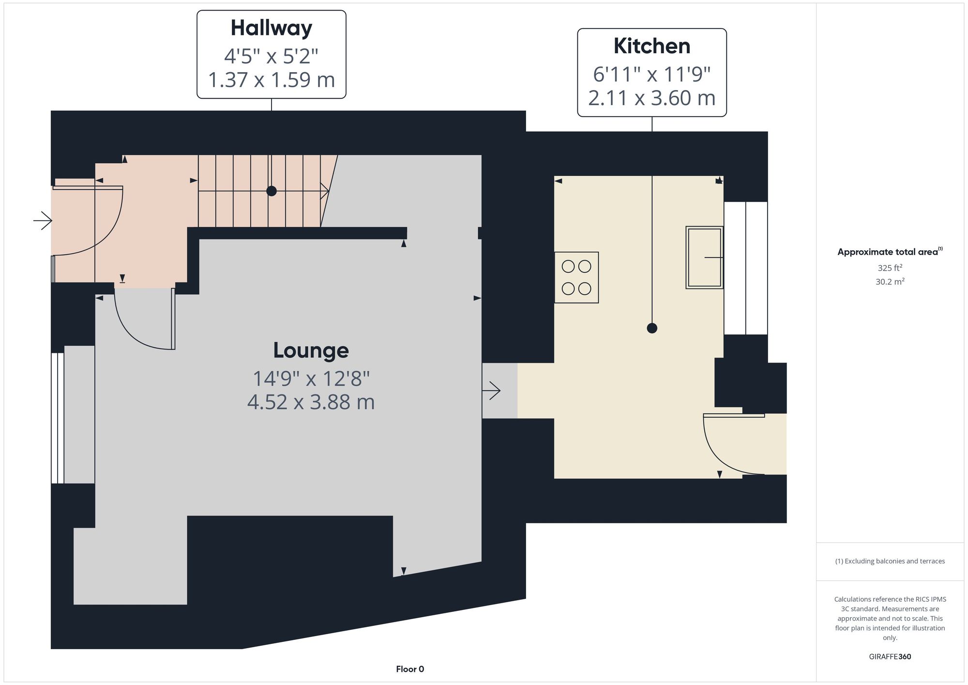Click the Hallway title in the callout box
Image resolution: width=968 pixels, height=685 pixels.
pyautogui.click(x=271, y=28)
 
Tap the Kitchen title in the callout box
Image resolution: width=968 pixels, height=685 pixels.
pyautogui.click(x=652, y=46)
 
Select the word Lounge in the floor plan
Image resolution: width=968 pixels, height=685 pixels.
pyautogui.click(x=311, y=350)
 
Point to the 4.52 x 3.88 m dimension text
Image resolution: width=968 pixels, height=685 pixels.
pyautogui.click(x=311, y=402)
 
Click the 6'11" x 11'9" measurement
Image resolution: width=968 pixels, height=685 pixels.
pyautogui.click(x=652, y=75)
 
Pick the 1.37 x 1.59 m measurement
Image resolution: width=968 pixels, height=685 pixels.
pyautogui.click(x=271, y=80)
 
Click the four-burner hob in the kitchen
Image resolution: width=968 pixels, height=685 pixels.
pyautogui.click(x=576, y=277)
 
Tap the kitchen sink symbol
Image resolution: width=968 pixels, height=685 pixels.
pyautogui.click(x=704, y=258)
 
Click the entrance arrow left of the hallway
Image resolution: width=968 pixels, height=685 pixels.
pyautogui.click(x=43, y=221)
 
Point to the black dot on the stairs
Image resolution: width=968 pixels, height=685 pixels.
pyautogui.click(x=272, y=191)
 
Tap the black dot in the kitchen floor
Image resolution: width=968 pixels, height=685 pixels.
pyautogui.click(x=652, y=328)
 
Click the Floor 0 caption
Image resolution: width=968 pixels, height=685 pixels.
pyautogui.click(x=410, y=669)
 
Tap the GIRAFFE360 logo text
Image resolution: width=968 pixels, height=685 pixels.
pyautogui.click(x=890, y=657)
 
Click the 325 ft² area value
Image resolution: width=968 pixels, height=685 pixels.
pyautogui.click(x=890, y=268)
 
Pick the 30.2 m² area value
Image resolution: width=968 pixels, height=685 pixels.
pyautogui.click(x=890, y=281)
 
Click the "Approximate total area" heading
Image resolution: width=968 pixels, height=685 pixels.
pyautogui.click(x=890, y=252)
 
